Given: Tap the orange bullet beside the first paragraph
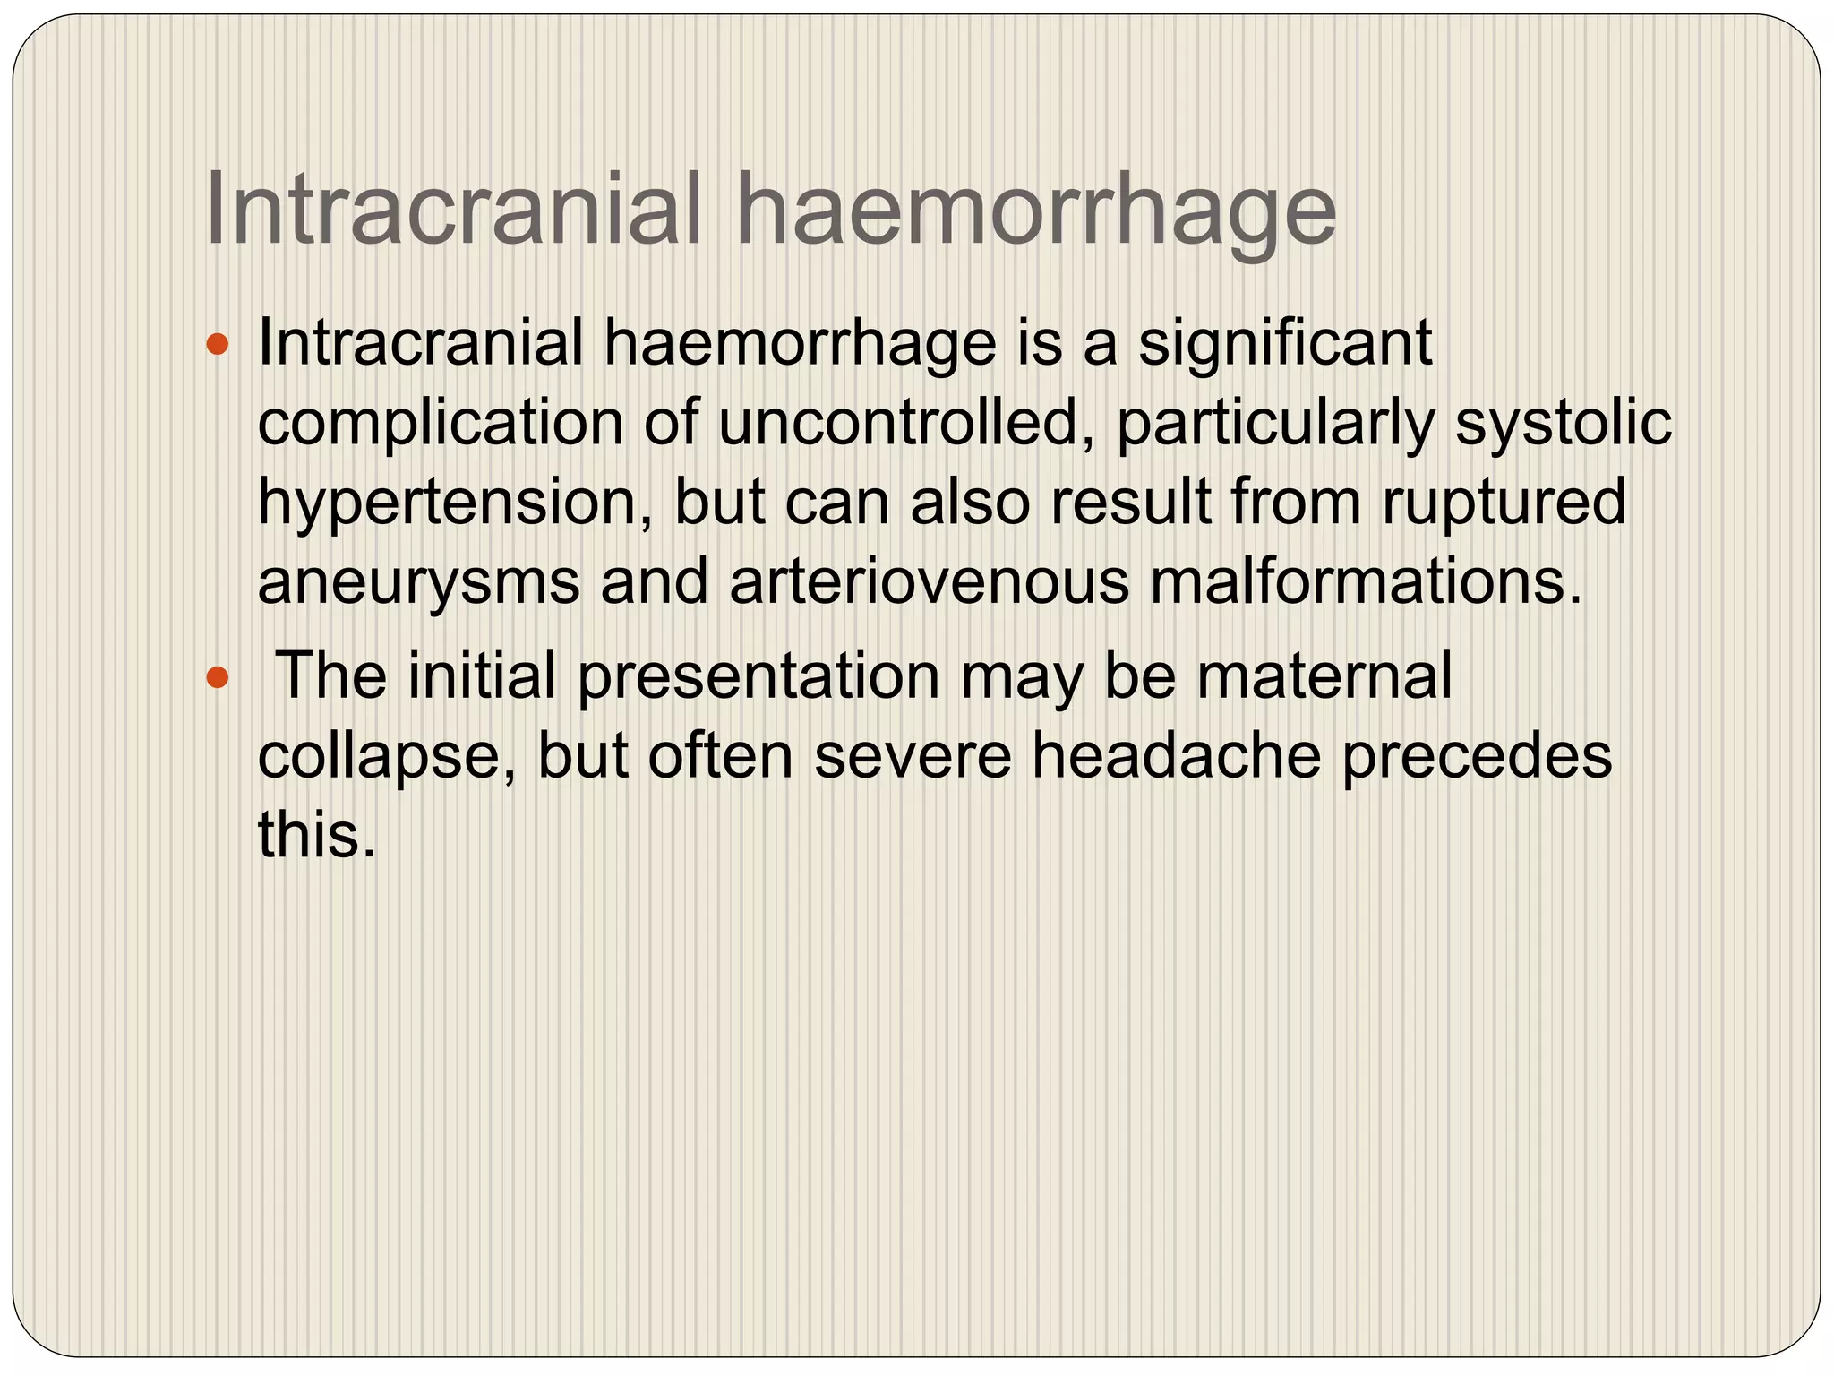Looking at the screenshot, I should click(218, 343).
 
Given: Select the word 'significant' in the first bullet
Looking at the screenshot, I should click(1284, 345).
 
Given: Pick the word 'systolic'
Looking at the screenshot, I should click(1563, 424).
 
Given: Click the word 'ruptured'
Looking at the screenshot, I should click(1504, 503).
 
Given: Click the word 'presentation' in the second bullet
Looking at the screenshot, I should click(758, 678).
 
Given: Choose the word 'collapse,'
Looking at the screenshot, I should click(386, 758).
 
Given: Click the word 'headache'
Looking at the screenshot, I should click(1176, 756).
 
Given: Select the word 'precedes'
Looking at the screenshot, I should click(1477, 758).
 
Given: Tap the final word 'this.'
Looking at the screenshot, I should click(316, 835).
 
